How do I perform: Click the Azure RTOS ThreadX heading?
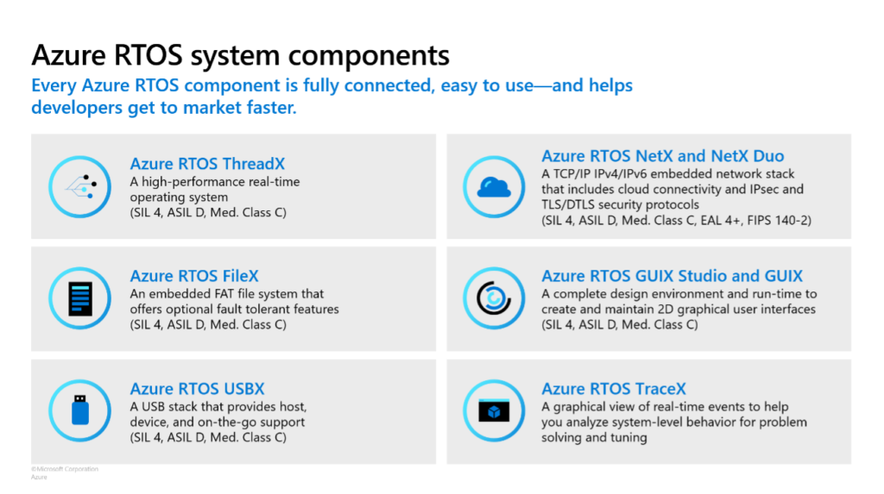point(207,163)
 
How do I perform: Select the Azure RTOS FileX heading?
point(194,275)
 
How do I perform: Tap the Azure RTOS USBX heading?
point(197,388)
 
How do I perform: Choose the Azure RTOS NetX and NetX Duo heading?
point(662,155)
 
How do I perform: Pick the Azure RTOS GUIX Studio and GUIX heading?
point(672,275)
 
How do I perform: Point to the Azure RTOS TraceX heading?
point(614,388)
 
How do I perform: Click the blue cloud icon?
point(494,187)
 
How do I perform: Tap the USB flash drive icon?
point(80,410)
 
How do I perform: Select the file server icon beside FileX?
point(80,298)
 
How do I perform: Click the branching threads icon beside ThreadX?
point(80,186)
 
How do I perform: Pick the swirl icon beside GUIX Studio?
point(494,298)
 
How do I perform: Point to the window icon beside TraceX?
point(494,410)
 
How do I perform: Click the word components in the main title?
point(369,56)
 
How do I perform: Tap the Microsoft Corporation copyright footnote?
point(65,469)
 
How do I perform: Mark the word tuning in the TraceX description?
point(628,438)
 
